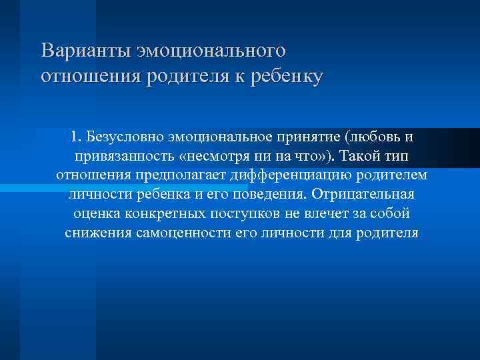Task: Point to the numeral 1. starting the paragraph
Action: [74, 137]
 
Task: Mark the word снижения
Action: [93, 233]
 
